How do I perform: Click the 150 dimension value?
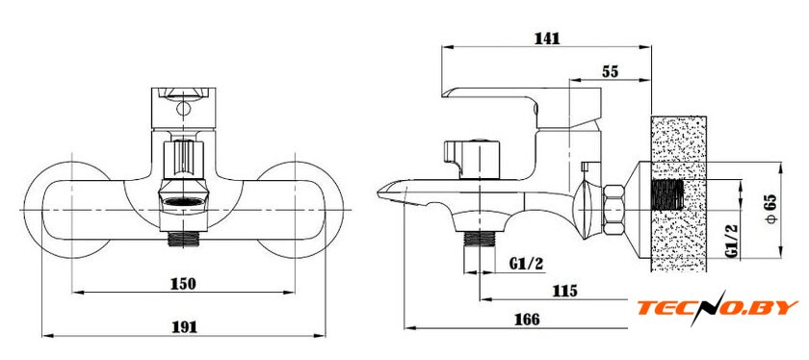pos(183,284)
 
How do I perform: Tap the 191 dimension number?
pos(183,326)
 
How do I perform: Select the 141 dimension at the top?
pos(547,39)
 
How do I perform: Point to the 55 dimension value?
pos(610,71)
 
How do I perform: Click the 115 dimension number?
pos(564,291)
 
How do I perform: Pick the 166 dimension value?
pos(527,320)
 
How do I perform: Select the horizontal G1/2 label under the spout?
pos(527,264)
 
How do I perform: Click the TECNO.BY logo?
pos(718,308)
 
